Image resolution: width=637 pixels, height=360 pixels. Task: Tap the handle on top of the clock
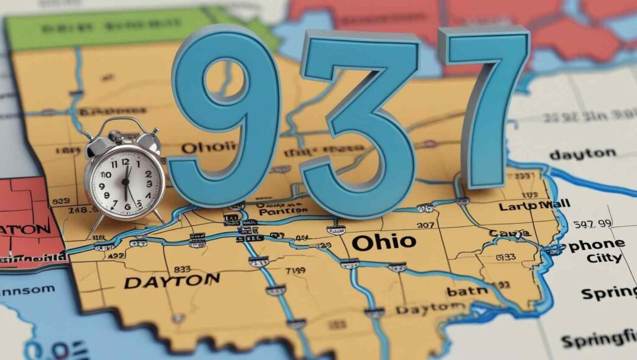click(125, 124)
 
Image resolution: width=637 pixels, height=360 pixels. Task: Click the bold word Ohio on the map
click(383, 242)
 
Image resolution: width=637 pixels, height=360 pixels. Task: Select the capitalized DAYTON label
click(172, 282)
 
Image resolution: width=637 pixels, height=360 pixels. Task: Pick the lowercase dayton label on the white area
click(582, 153)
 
